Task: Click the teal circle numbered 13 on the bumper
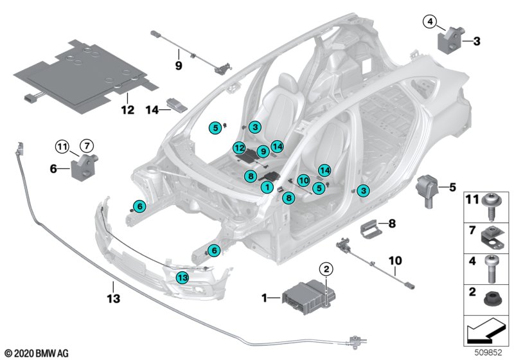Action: pos(182,278)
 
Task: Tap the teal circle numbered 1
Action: pos(267,187)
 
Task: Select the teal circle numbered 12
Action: pos(239,148)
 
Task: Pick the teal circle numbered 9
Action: pos(263,151)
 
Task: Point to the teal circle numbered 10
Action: pos(303,181)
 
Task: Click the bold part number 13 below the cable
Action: pos(114,298)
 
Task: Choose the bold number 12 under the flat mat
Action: pos(128,109)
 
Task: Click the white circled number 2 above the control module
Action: pos(326,269)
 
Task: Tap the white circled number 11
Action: pos(62,146)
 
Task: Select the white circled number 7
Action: pos(87,145)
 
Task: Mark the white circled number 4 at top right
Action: pos(430,22)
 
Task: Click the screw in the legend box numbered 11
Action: pos(492,207)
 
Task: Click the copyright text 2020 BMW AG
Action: pos(37,354)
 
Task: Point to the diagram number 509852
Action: pos(488,353)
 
